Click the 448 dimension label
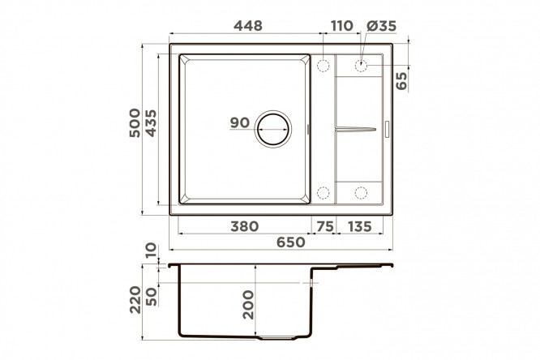pos(248,26)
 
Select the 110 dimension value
pos(342,26)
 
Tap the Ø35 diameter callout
pos(382,26)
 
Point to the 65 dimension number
pos(401,80)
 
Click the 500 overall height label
pos(135,123)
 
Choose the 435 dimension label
pos(151,123)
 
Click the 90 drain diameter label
pos(240,122)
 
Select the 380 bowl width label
pos(245,226)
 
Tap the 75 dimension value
pos(325,226)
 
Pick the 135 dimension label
pos(360,226)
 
